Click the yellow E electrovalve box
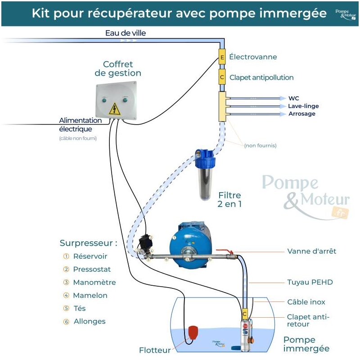[x=222, y=57]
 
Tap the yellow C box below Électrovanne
[x=222, y=77]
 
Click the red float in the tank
[x=193, y=332]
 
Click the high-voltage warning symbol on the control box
[x=115, y=108]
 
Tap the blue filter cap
[x=205, y=157]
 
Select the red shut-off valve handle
[x=223, y=251]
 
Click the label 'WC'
[x=294, y=98]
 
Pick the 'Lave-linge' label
[x=303, y=106]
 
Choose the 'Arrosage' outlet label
[x=301, y=114]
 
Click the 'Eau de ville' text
[x=126, y=33]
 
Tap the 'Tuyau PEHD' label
[x=310, y=283]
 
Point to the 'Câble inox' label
[x=306, y=302]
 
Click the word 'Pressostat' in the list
[x=92, y=270]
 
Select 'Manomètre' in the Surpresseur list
[x=94, y=283]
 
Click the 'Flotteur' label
[x=155, y=350]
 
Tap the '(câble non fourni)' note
[x=78, y=139]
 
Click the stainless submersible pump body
[x=246, y=335]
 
